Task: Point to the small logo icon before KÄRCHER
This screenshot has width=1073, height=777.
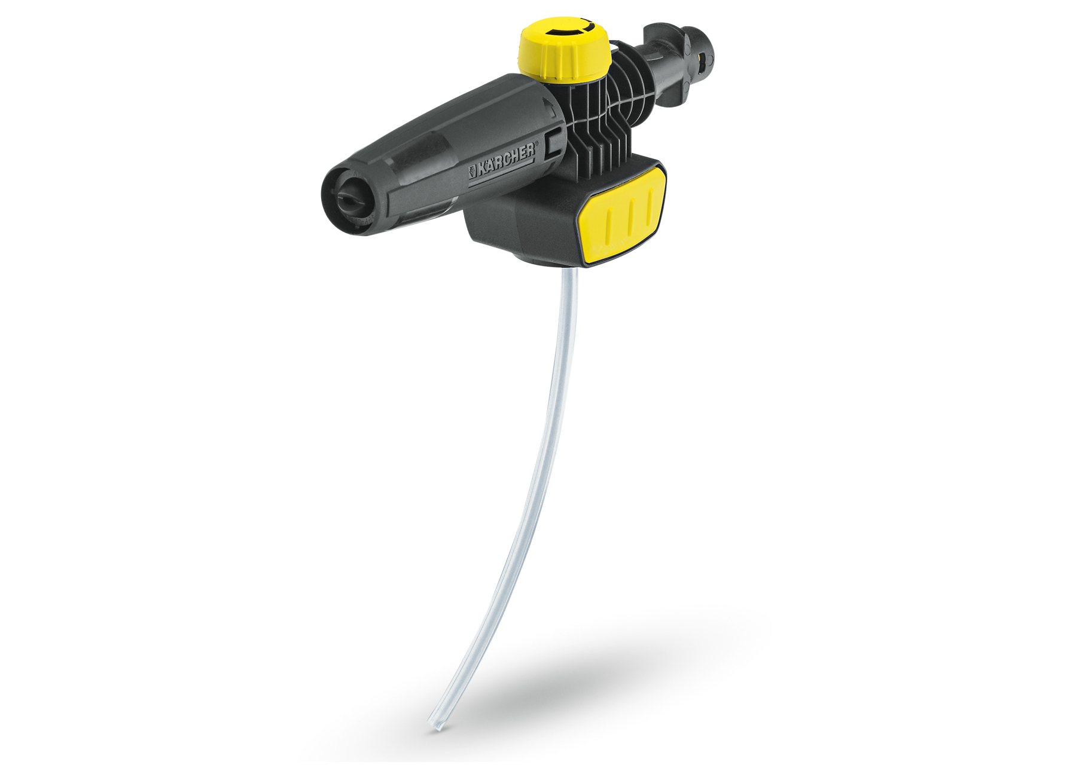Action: tap(473, 172)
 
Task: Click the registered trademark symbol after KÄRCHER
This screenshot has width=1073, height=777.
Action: tap(536, 144)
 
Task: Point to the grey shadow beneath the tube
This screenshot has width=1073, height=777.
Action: tap(598, 669)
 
